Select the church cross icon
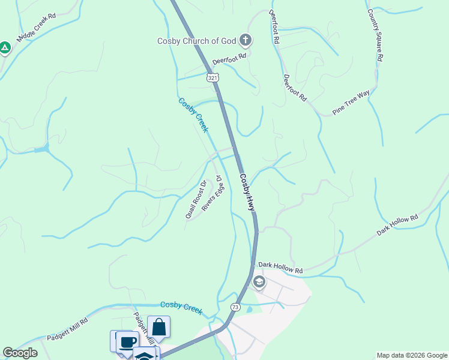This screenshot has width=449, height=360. click(x=245, y=40)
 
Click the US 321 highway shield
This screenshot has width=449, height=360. click(x=212, y=78)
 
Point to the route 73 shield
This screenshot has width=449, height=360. click(x=234, y=307)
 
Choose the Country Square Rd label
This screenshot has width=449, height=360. click(x=375, y=35)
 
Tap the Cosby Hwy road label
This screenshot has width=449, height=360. click(x=247, y=192)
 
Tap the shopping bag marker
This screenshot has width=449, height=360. click(x=158, y=328)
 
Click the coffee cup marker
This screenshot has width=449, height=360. click(x=127, y=342)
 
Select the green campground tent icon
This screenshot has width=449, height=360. click(x=5, y=47)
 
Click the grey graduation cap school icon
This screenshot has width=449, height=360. click(x=259, y=281)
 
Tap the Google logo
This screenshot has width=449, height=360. click(x=20, y=353)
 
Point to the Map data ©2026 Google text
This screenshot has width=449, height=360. click(x=411, y=355)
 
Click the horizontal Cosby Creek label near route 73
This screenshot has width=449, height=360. click(x=181, y=307)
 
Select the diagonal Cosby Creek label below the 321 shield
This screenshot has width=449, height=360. click(x=193, y=115)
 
